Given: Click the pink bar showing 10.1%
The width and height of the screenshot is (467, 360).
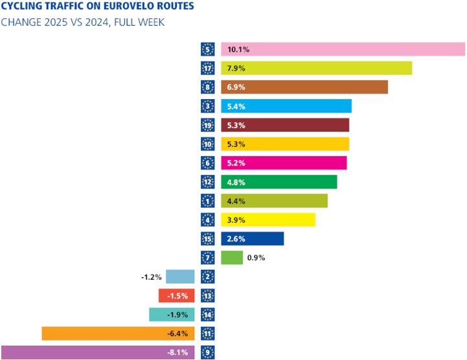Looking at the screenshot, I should coord(343,49).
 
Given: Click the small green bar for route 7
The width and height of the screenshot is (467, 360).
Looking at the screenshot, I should coord(231,258).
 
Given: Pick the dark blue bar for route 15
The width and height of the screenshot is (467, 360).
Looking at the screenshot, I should coord(252,239).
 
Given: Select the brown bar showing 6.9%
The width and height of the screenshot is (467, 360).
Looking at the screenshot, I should coord(304,87).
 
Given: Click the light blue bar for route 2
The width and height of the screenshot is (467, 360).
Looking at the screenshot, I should coord(180,276).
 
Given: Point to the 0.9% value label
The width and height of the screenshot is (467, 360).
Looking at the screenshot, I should coord(256,258).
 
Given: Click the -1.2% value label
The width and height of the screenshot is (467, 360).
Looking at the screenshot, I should coord(150,277).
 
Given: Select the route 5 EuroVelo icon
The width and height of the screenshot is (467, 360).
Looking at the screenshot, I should coord(207,49).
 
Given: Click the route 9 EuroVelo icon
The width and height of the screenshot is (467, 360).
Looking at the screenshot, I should coord(207,353).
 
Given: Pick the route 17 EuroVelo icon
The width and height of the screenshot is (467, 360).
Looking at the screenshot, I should coord(207,68).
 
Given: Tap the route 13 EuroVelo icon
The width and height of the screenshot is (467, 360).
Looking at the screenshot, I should coord(207,296).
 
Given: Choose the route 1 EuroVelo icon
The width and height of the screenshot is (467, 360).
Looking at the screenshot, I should coord(207,201).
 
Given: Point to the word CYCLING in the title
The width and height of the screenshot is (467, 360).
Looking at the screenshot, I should coord(20,8).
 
